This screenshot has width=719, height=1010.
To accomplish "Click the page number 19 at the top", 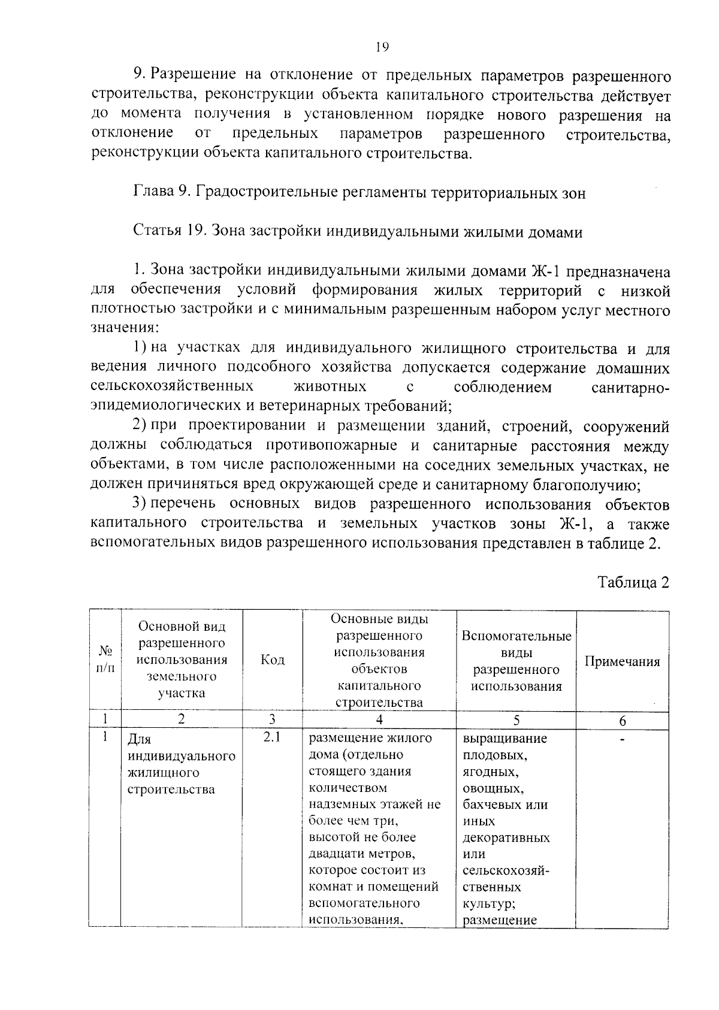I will click(x=383, y=47).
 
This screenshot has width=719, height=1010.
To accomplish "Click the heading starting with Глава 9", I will click(x=358, y=193).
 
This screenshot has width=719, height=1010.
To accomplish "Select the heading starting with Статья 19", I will click(x=357, y=232).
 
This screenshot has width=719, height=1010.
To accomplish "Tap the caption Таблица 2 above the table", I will click(x=633, y=582).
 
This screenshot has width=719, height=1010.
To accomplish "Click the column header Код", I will click(x=273, y=660).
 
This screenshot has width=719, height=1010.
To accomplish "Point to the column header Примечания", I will click(x=622, y=661).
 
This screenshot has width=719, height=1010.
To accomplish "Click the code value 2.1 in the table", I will click(x=272, y=737).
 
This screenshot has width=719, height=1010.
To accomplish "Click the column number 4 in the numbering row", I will click(x=379, y=721).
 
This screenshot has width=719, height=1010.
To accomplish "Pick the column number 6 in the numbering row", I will click(x=622, y=721).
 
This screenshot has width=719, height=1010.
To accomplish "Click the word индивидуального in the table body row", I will click(x=182, y=756).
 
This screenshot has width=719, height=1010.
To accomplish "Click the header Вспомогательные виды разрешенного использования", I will click(x=516, y=661).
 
